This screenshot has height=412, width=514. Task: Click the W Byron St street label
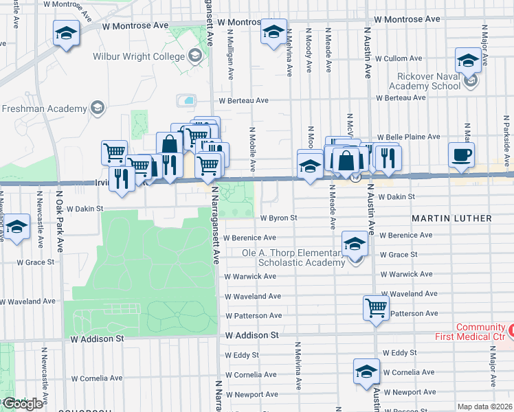point(278,218)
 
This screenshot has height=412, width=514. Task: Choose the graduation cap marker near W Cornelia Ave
point(366,371)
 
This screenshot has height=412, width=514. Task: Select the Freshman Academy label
point(45,108)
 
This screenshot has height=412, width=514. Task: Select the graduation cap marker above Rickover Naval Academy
point(468,60)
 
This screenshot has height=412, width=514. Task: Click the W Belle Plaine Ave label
point(408,137)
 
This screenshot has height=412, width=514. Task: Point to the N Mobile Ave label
point(252,148)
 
